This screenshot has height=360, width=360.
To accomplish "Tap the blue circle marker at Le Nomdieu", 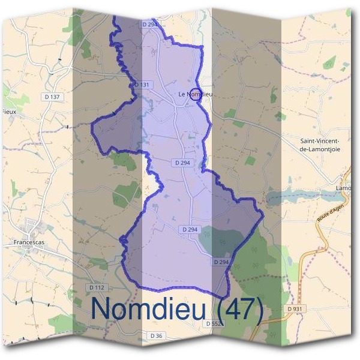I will [194, 94].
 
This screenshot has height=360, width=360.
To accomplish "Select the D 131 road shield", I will [142, 85].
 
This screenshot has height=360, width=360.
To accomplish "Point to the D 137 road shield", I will [53, 97].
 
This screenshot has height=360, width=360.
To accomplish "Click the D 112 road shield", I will [97, 287].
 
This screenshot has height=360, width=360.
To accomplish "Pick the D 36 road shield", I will [156, 335].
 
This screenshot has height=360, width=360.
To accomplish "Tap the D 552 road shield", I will [214, 323].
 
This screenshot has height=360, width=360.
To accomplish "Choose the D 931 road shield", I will [294, 308].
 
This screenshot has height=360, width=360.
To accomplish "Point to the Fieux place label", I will [9, 112].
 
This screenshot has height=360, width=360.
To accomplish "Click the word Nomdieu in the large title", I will [147, 308].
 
